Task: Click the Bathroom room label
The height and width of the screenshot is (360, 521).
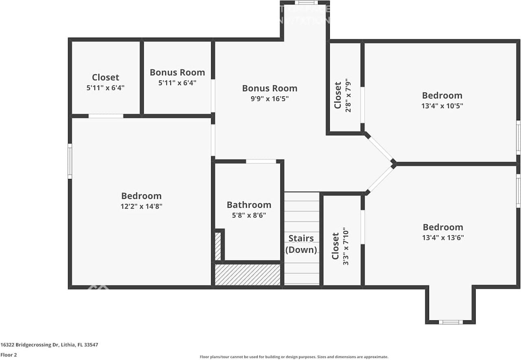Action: coord(249,205)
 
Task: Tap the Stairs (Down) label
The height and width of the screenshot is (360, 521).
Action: coord(301,244)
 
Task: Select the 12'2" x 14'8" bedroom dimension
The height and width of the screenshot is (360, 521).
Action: coord(141,206)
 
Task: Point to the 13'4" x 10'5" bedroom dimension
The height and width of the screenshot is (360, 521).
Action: coord(442,106)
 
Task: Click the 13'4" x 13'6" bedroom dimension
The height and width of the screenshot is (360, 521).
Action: coord(443,238)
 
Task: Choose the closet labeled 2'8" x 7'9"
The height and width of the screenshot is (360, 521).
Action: coord(342,95)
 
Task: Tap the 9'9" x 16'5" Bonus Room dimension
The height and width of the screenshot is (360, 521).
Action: coord(269,98)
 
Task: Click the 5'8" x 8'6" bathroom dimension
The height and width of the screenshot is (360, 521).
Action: coord(249,215)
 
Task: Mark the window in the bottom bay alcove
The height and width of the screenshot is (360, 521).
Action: coord(451,322)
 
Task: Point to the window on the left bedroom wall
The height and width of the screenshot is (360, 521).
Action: coord(70,161)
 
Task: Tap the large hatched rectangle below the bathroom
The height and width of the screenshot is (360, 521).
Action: coord(247,275)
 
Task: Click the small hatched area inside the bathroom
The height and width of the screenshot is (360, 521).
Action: coord(218,246)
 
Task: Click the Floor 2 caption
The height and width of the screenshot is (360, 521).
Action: coord(9,355)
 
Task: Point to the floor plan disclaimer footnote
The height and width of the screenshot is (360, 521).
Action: coord(293,357)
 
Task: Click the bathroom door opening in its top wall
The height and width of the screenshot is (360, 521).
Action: coord(261,161)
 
